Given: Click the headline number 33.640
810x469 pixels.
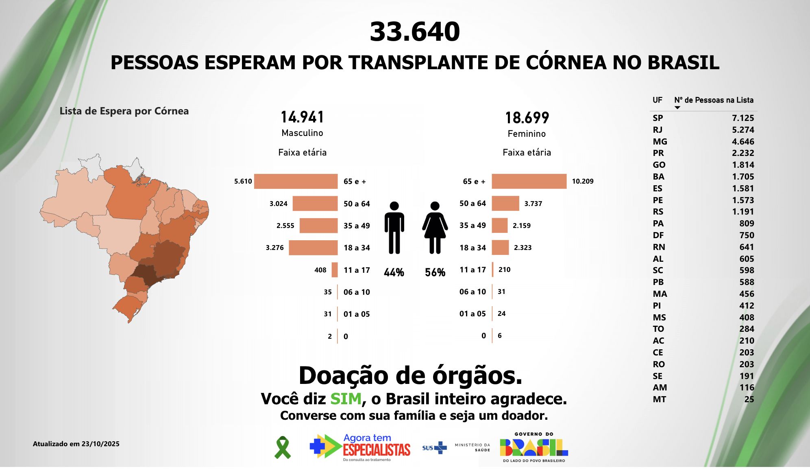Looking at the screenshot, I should click(x=414, y=32).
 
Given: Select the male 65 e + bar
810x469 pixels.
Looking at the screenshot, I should click(x=296, y=182).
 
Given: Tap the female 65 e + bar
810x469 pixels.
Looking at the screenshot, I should click(x=529, y=182).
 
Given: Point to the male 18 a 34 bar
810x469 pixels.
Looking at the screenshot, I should click(x=313, y=248).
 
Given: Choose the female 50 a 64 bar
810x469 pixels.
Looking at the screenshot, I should click(x=505, y=204).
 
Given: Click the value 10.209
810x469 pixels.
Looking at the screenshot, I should click(x=582, y=182).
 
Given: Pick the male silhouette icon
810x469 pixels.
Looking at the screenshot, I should click(x=394, y=228).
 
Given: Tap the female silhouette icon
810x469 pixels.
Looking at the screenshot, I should click(x=435, y=228).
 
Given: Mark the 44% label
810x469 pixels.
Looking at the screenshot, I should click(x=394, y=272).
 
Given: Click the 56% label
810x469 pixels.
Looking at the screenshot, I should click(x=435, y=272).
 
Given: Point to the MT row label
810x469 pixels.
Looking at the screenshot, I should click(x=659, y=399).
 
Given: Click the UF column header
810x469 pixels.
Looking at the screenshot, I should click(x=657, y=100).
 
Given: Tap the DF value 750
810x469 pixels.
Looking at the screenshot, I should click(x=747, y=235).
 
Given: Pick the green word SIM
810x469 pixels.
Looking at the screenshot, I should click(x=346, y=399).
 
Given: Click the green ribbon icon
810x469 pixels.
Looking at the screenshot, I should click(x=283, y=447).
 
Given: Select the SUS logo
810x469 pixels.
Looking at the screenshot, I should click(x=434, y=448).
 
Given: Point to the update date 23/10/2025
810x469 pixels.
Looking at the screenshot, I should click(x=100, y=444).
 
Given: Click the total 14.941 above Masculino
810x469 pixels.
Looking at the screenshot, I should click(x=302, y=117).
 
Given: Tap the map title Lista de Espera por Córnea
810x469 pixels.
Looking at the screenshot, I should click(x=124, y=111).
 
